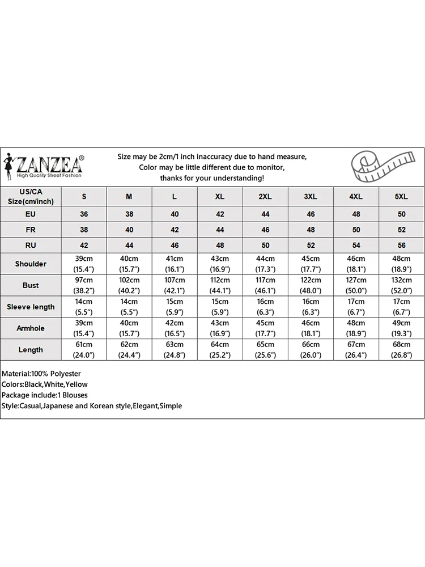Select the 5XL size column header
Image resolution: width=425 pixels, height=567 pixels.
[x=401, y=196]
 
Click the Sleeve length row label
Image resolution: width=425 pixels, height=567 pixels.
[x=31, y=307]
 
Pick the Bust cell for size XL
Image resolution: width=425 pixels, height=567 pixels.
[x=220, y=285]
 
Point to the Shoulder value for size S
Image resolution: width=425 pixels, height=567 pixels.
[x=84, y=264]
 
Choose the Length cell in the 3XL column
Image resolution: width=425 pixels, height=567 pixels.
[x=311, y=350]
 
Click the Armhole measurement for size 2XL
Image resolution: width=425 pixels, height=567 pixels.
[x=265, y=328]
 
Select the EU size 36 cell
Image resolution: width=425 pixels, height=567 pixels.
[x=84, y=214]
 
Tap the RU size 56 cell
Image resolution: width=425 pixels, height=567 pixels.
[x=401, y=245]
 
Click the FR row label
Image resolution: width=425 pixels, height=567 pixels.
[x=31, y=230]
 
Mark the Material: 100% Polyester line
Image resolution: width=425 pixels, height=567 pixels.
[x=41, y=374]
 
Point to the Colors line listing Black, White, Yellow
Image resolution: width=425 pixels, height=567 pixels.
[x=45, y=384]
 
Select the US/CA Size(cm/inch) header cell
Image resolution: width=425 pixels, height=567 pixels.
[x=31, y=196]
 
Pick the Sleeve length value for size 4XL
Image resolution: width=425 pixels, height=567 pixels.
[x=356, y=307]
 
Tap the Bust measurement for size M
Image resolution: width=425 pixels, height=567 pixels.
[x=129, y=285]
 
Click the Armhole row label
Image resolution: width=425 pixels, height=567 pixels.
[x=31, y=328]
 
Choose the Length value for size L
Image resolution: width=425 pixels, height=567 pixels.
[x=175, y=350]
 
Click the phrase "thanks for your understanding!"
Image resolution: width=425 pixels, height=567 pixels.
[x=212, y=178]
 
